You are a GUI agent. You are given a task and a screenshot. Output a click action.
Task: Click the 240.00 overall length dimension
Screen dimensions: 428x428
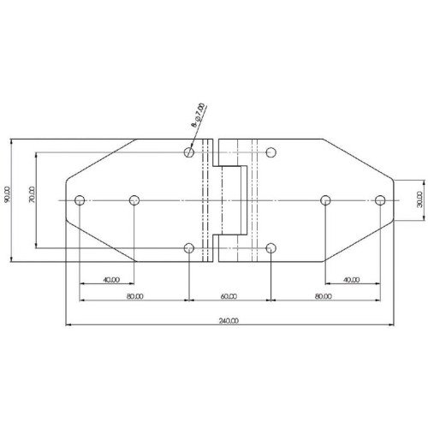229,320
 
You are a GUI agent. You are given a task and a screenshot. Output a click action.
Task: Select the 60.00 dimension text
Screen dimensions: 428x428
228,296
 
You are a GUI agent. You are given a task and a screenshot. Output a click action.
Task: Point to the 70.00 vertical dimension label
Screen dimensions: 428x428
32,195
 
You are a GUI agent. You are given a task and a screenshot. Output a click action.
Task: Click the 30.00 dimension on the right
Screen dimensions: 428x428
419,199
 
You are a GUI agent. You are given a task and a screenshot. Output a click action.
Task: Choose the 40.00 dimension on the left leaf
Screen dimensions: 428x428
110,279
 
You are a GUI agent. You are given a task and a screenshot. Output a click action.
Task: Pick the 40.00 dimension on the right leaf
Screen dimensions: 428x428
351,279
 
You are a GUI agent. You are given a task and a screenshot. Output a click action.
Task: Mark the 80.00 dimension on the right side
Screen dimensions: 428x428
324,296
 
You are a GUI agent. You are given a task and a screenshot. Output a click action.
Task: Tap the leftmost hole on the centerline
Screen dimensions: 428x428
79,200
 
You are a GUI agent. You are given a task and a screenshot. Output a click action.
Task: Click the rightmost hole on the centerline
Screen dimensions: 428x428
380,200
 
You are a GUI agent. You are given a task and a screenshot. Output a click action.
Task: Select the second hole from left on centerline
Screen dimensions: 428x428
134,200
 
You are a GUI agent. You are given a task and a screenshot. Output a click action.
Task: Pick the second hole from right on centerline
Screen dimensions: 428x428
325,200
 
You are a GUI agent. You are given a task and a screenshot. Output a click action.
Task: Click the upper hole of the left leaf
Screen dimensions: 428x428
188,152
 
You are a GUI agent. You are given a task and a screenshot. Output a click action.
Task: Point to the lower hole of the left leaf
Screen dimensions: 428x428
188,248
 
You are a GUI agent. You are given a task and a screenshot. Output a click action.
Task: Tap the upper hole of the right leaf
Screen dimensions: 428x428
270,152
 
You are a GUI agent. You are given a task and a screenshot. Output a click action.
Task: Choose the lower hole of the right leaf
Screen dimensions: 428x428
270,248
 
